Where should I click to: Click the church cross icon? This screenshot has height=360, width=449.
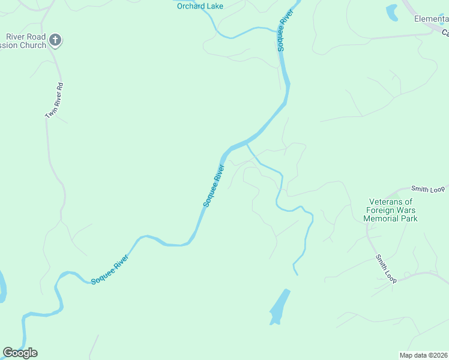tap(55, 40)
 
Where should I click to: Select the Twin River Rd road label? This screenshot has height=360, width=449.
tap(55, 100)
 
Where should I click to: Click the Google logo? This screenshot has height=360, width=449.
tap(20, 353)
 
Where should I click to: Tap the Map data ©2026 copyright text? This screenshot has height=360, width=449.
tap(424, 355)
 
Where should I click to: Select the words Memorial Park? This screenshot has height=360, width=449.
tap(390, 218)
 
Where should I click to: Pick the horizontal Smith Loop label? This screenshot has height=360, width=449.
tap(428, 190)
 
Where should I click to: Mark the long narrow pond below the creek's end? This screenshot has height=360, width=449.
tap(279, 307)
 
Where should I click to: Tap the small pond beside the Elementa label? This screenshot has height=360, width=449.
tap(392, 11)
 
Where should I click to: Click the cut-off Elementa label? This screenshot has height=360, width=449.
tap(432, 19)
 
